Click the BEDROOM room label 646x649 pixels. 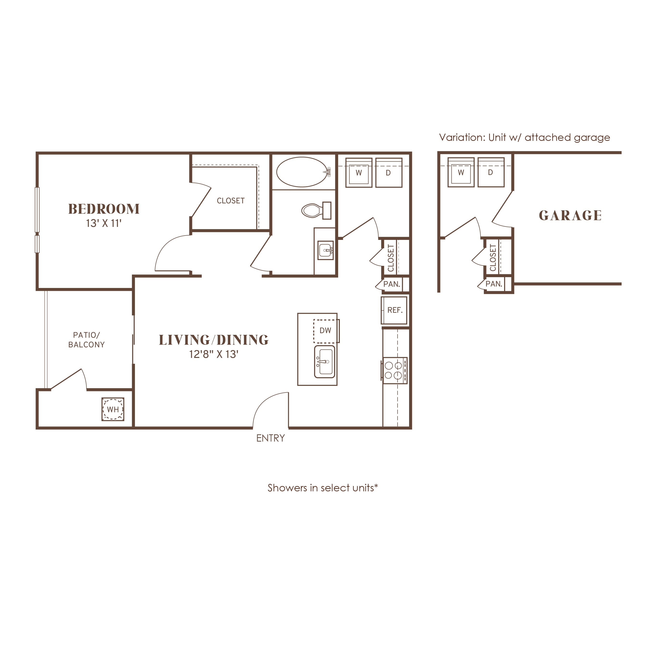[104, 209]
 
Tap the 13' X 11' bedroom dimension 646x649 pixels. [103, 223]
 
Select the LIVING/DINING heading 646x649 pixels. [214, 340]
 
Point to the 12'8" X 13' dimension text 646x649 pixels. [214, 354]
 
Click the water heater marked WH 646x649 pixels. [113, 409]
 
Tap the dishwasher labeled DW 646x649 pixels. [326, 331]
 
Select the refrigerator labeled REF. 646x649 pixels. [394, 310]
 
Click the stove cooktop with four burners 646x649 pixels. [394, 370]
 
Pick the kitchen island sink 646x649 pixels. [325, 362]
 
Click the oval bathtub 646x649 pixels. [302, 172]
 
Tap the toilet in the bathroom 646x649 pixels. [316, 211]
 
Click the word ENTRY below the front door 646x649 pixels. [271, 438]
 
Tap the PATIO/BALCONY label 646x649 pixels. [86, 340]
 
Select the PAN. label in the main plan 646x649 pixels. [392, 284]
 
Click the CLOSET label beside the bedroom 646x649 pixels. [231, 200]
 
